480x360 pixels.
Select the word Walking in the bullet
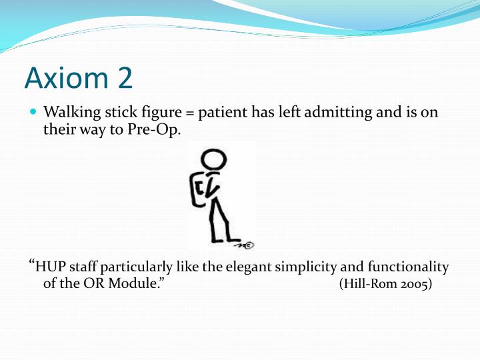pyautogui.click(x=69, y=113)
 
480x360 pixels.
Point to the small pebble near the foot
pyautogui.click(x=248, y=243)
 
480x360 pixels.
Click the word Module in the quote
pyautogui.click(x=139, y=285)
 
